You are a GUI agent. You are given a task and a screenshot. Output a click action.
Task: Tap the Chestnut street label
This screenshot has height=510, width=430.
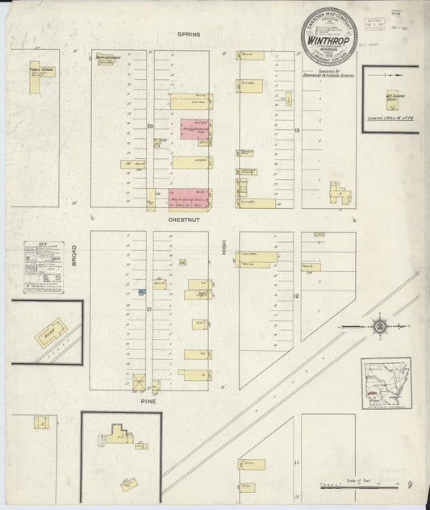190,219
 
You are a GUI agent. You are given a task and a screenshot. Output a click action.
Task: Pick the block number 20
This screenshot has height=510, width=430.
150,127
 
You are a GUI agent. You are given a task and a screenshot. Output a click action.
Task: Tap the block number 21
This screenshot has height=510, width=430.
148,308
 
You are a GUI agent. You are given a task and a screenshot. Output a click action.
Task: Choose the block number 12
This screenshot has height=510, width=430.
297,297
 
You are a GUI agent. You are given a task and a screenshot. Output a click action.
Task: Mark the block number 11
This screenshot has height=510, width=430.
297,462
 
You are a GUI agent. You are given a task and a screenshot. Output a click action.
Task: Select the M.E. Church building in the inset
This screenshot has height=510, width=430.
392,99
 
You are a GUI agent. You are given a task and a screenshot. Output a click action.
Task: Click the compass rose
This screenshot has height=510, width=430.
378,326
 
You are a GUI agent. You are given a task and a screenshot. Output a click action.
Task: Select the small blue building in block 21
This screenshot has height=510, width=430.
142,291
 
